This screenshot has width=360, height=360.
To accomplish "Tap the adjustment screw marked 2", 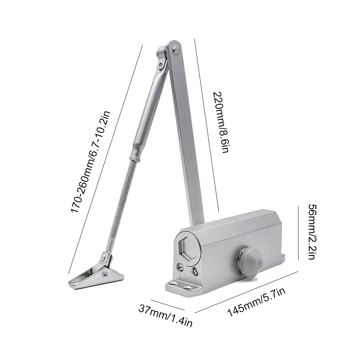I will [195, 271].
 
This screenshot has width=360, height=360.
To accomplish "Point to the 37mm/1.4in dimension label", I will [165, 316].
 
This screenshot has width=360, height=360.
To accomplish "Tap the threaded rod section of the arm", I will [120, 205].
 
